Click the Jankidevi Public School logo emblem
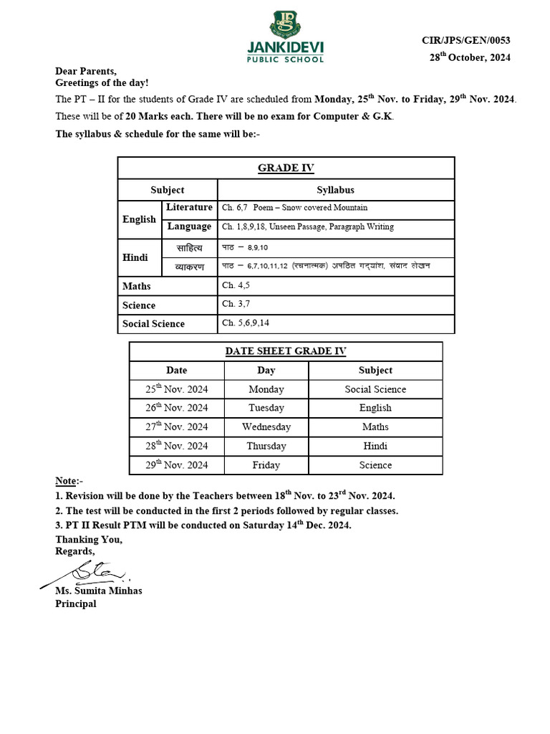click(286, 24)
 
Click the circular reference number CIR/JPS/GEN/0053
click(466, 41)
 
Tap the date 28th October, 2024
click(470, 58)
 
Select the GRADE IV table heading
click(286, 168)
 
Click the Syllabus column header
click(335, 190)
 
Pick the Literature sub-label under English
click(189, 207)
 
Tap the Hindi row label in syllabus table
click(135, 257)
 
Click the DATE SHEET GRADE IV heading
click(286, 351)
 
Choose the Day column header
click(266, 371)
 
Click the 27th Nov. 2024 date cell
click(177, 427)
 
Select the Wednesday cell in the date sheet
click(266, 427)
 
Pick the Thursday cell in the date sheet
click(266, 446)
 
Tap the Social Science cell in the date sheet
click(375, 389)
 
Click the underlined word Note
click(67, 480)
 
